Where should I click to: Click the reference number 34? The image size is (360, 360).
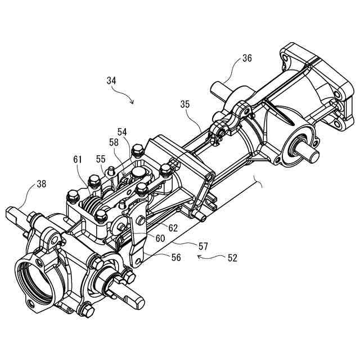coord(111,80)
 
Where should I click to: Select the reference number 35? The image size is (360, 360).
coord(186,104)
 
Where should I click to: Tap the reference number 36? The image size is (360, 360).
coord(247,57)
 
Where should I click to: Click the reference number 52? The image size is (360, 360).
coord(232,258)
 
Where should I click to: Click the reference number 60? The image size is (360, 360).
coord(160,238)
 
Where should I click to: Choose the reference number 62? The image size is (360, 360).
coord(173,228)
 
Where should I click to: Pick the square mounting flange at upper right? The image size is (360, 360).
coord(315,84)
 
